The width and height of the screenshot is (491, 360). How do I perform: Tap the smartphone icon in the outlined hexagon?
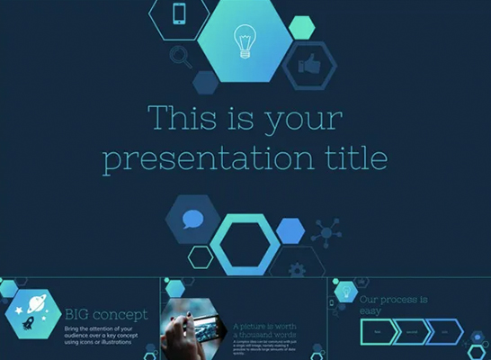click(178, 14)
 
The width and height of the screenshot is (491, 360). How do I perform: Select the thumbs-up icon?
click(309, 65)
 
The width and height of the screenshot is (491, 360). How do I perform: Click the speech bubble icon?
click(192, 219)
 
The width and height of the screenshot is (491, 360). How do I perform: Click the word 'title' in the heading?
click(354, 158)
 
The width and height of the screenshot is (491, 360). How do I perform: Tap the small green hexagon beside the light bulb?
click(303, 26)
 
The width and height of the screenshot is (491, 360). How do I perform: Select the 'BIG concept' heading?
click(107, 314)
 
